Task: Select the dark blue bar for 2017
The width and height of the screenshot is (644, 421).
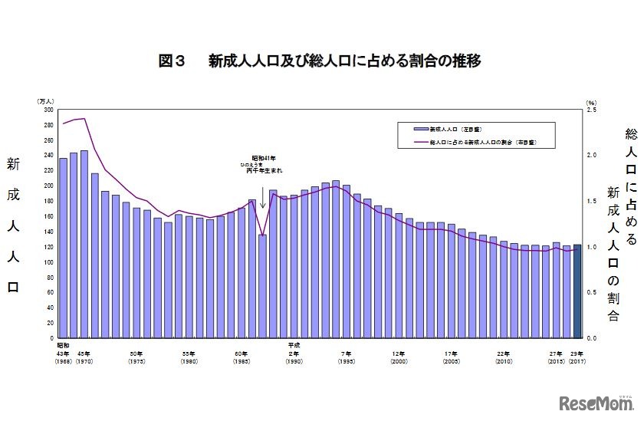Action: coord(577,291)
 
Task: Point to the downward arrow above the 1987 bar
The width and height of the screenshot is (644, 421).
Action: coord(262,198)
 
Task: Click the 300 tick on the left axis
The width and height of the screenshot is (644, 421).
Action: coord(48,110)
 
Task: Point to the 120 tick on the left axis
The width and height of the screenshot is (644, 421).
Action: coord(48,247)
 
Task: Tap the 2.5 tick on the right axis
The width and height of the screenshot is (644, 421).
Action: coord(590,110)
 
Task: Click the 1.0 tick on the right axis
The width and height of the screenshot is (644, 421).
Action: coord(590,247)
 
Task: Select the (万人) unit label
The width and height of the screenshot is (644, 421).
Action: coord(45,101)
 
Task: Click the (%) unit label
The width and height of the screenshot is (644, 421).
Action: coord(590,101)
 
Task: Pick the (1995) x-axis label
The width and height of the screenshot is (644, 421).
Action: coord(346,361)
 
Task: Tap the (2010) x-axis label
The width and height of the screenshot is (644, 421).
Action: coord(504,361)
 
